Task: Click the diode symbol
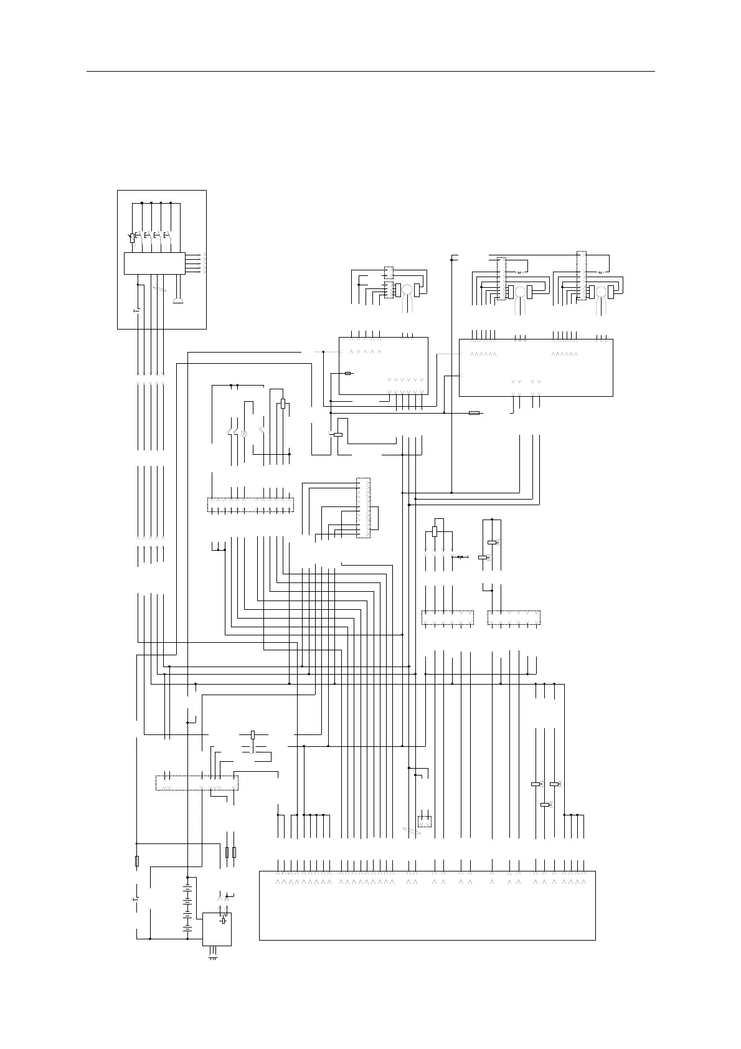[x=461, y=556]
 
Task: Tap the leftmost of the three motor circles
[x=407, y=290]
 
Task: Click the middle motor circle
[x=519, y=292]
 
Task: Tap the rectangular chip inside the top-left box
[x=154, y=263]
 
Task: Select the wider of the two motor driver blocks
[x=536, y=367]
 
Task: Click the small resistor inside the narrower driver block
[x=349, y=373]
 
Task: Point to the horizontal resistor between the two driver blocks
[x=474, y=412]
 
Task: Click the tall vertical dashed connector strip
[x=362, y=508]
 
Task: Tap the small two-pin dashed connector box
[x=424, y=820]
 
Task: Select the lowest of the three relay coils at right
[x=545, y=804]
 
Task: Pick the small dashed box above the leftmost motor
[x=389, y=272]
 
